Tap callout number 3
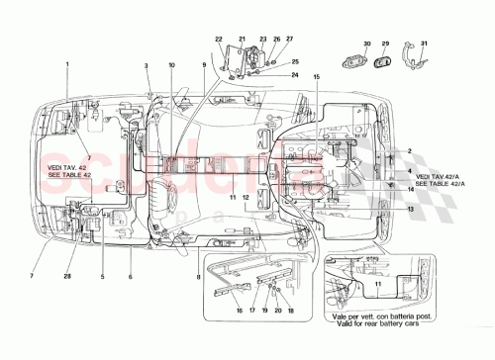click(x=147, y=65)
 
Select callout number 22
click(x=220, y=39)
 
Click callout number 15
click(x=317, y=76)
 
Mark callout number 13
click(x=409, y=209)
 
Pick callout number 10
click(x=170, y=65)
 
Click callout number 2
click(x=409, y=150)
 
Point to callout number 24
click(x=294, y=75)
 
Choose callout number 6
click(x=130, y=276)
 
